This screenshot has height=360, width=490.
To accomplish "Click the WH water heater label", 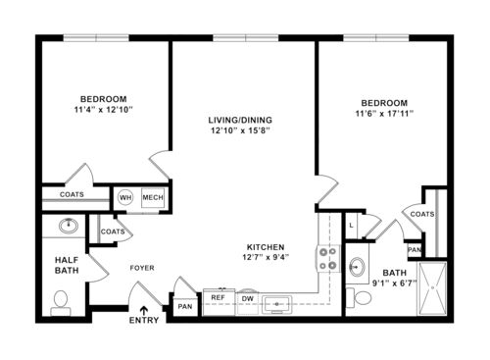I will [x=125, y=196].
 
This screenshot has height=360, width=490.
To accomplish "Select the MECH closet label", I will [x=152, y=196].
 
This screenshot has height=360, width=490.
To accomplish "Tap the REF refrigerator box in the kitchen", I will [x=217, y=297].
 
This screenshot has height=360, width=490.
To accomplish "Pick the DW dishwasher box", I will [x=248, y=297].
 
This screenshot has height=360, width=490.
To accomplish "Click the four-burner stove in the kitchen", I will [x=327, y=258].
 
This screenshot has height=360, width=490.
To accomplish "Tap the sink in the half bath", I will [x=69, y=227].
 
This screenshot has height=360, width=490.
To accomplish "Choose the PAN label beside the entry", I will [x=184, y=306].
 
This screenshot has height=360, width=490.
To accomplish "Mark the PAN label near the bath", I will [x=416, y=250].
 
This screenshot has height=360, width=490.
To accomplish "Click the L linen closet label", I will [x=352, y=226].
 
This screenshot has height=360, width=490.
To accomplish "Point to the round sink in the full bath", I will [x=358, y=267].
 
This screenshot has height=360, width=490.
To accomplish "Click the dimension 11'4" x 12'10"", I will [x=103, y=109].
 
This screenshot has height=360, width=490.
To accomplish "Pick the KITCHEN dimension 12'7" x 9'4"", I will [x=265, y=258].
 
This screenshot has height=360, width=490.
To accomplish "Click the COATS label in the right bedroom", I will [x=422, y=213].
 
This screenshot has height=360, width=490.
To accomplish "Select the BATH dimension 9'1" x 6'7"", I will [x=394, y=284].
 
